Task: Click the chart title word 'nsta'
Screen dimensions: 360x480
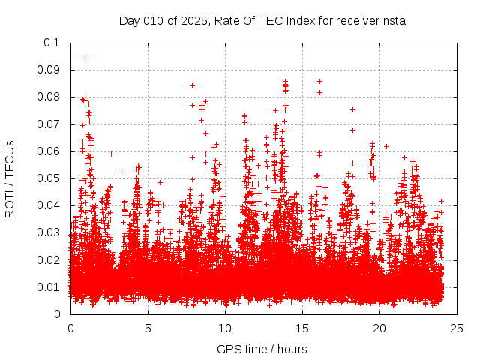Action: pos(394,21)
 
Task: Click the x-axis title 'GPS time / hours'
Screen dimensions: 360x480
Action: pos(262,349)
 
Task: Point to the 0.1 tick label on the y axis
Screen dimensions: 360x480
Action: pos(52,43)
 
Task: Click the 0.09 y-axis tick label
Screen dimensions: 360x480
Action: pos(49,70)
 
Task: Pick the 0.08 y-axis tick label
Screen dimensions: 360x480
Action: pos(49,97)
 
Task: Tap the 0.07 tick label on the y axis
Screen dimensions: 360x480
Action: pos(49,124)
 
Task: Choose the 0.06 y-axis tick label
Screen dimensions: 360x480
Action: pos(49,151)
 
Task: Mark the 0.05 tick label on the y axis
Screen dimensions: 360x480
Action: pos(49,178)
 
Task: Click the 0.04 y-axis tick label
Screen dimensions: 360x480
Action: pos(49,205)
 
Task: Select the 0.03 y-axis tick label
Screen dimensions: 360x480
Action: pos(49,232)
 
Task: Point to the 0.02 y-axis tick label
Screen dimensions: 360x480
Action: pos(49,259)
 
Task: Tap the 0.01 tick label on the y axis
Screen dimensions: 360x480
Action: pos(49,286)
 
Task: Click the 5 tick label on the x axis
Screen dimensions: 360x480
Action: pos(148,328)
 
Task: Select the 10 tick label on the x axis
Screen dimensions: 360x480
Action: pos(225,328)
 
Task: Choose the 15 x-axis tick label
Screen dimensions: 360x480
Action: pos(302,328)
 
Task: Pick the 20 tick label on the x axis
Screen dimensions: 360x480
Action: pos(379,328)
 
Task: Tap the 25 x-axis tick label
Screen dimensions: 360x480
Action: pos(457,328)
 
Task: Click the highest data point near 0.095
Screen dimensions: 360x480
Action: pos(85,58)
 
